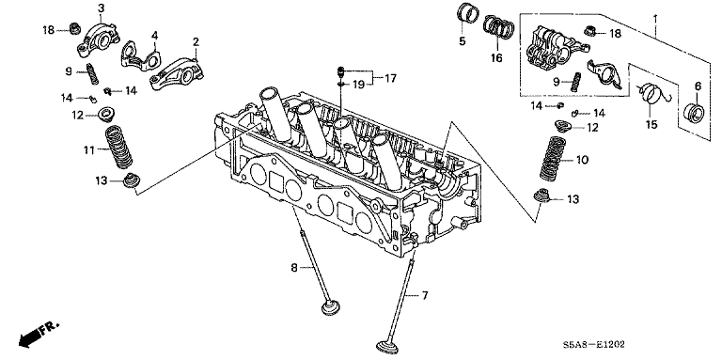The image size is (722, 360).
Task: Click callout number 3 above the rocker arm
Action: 101,8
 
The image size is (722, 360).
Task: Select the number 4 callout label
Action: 155,36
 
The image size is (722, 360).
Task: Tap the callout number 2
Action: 196,42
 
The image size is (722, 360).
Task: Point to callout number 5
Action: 462,41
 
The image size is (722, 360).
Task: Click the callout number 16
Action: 496,58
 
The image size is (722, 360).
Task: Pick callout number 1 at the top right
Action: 655,21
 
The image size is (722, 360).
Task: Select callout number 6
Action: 698,86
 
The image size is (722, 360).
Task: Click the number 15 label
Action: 651,124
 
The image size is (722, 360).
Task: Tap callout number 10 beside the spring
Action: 582,160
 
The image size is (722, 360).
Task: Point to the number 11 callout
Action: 89,150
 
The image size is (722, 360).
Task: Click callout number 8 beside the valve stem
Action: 294,268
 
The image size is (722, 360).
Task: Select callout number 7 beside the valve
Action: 425,295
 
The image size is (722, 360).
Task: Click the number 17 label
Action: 390,79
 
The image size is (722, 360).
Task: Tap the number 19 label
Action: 359,85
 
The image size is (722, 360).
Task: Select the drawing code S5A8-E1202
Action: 594,345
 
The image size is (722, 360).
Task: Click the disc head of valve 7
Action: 385,346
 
